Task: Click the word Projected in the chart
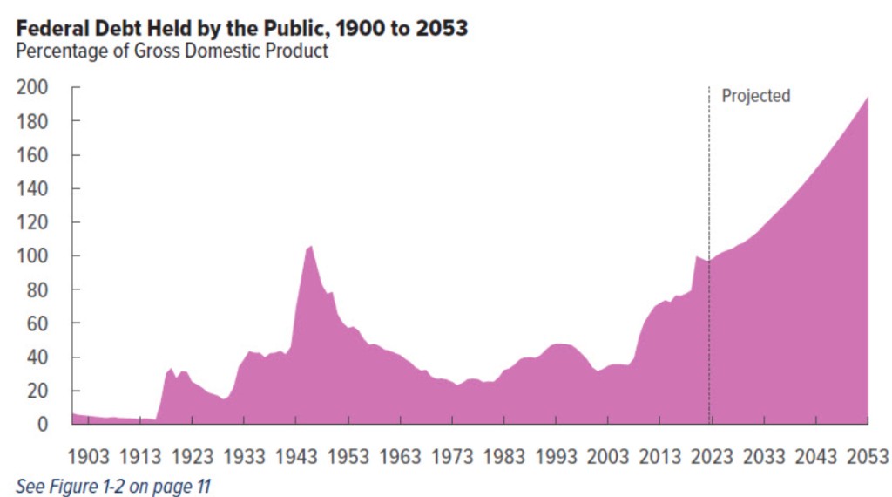coord(755,96)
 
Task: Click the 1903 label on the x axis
coord(88,456)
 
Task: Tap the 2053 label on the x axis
coord(868,456)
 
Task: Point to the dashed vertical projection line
coord(708,262)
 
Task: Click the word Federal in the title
coord(50,28)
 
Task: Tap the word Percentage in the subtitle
coord(57,51)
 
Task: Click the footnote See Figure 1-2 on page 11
coord(113,486)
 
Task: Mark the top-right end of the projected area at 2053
coord(868,97)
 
